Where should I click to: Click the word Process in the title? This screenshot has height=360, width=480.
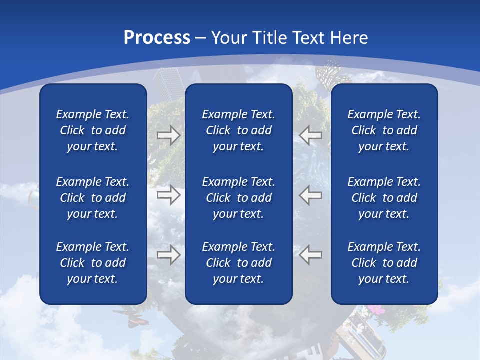[157, 38]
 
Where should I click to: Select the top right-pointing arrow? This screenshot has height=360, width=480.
[168, 135]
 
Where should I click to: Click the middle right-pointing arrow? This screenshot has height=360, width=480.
[168, 195]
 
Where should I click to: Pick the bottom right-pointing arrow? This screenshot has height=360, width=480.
[168, 255]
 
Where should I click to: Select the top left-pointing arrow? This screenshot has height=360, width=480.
[311, 135]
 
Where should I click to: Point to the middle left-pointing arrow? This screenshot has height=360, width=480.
[311, 195]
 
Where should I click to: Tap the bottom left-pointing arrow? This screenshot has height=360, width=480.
[311, 255]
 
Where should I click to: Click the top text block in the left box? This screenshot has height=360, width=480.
[93, 130]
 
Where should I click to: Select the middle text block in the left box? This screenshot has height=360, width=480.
[93, 198]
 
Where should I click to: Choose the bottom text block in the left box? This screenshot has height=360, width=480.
[93, 263]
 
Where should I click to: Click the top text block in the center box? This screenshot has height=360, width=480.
[238, 130]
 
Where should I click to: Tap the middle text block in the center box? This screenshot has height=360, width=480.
[238, 198]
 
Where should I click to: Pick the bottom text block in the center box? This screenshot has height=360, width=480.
[238, 263]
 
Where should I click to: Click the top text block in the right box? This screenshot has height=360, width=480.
[384, 130]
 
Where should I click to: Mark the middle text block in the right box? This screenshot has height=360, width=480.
[384, 198]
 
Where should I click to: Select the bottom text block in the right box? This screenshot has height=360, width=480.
[384, 263]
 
